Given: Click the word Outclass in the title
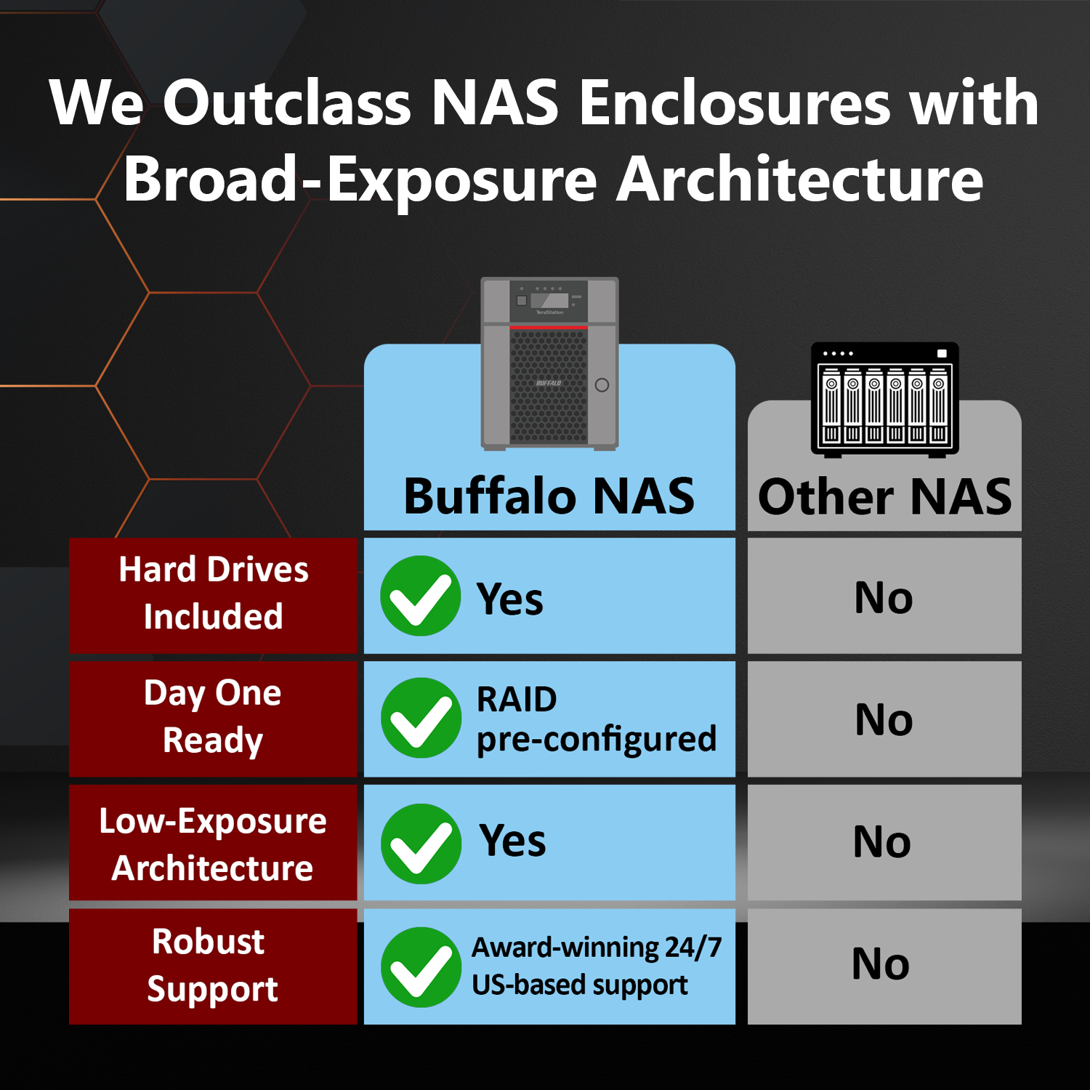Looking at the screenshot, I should [x=287, y=103].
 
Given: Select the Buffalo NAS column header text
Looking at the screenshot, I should [x=549, y=496].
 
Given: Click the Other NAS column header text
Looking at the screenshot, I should [x=884, y=497].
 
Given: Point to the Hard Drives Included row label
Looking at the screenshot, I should [x=213, y=593].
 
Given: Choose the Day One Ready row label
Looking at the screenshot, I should [x=213, y=716].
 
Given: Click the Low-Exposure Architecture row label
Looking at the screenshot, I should [x=213, y=844].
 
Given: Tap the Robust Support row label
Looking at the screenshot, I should [x=213, y=966].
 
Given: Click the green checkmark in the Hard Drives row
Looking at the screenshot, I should [x=421, y=596].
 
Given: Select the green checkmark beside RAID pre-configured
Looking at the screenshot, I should [x=421, y=718].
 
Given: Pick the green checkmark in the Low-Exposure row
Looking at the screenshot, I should [x=421, y=844].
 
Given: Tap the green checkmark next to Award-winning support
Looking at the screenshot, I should [x=421, y=967].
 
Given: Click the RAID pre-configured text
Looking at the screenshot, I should [x=596, y=719].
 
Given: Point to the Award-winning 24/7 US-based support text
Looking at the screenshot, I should [x=596, y=966].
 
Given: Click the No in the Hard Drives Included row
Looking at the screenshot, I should [x=884, y=598].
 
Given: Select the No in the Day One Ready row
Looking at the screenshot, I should [x=884, y=720].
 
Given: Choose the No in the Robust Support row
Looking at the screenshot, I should [x=881, y=964].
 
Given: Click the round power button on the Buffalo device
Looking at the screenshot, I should [x=602, y=385].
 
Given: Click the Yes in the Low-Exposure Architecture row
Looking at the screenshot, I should [x=512, y=841].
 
